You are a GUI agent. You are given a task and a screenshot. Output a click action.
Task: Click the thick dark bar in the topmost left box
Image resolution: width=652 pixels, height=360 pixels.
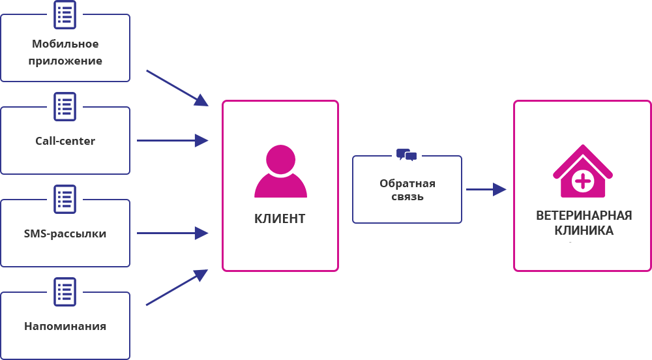coord(65,53)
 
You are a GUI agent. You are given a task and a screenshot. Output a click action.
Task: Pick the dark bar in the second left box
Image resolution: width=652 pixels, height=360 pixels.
coord(65,140)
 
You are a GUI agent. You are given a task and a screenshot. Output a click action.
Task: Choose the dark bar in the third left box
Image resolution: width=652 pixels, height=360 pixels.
coord(65,235)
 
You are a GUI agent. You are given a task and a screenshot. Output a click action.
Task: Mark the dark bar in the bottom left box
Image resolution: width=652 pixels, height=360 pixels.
coord(65,326)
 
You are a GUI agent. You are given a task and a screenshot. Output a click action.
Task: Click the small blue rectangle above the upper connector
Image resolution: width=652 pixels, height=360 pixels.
coord(177,87)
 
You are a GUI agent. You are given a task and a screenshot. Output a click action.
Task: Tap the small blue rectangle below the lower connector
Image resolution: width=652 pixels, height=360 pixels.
coord(176,288)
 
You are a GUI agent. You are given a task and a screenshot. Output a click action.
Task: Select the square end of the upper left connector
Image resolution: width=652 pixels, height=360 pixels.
coord(201,140)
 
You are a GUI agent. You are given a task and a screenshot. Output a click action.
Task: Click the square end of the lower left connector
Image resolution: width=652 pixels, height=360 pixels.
coord(201,233)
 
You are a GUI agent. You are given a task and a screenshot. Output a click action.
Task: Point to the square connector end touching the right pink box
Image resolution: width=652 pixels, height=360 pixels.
coord(500,189)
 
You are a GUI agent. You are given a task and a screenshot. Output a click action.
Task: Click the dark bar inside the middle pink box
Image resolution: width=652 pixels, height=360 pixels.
coord(280,218)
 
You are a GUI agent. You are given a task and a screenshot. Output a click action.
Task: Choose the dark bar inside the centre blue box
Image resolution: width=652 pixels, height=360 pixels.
coord(407,189)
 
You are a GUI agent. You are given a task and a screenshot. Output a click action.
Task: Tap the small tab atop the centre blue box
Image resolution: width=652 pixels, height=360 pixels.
coord(404,151)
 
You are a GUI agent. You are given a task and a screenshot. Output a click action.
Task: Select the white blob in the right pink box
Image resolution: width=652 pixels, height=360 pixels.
coord(584,222)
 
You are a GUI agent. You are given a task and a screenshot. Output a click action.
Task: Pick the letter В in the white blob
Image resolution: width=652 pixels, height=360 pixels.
coord(541,215)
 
